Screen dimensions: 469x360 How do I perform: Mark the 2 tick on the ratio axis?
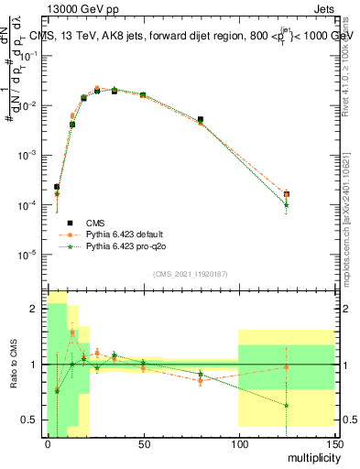click(x=35, y=309)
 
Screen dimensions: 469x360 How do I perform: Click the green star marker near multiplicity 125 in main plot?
click(x=287, y=205)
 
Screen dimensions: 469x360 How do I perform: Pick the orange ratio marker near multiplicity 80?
click(x=201, y=380)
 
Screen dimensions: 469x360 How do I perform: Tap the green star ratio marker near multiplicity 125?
click(x=287, y=405)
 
